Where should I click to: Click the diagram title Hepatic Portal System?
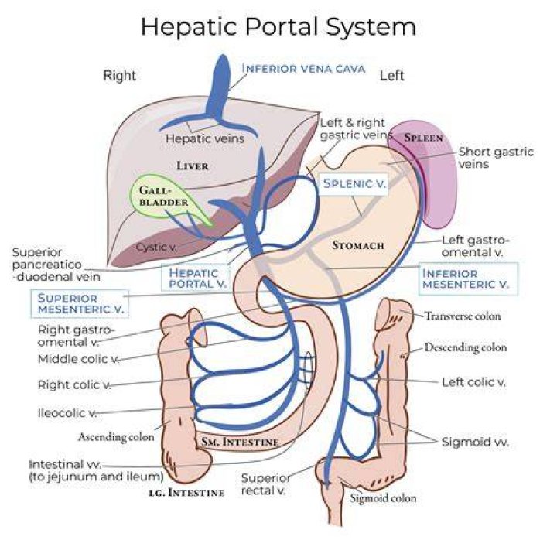[x=278, y=27]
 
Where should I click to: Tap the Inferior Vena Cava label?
[x=303, y=68]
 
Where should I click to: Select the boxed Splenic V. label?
[x=354, y=183]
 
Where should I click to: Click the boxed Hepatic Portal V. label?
[x=196, y=278]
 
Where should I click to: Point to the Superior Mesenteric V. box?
[x=80, y=303]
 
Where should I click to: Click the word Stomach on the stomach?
[x=358, y=245]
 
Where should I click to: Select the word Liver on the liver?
[x=193, y=166]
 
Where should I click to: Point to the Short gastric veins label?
[x=496, y=158]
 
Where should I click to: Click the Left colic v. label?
[x=473, y=382]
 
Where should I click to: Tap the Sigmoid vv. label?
[x=475, y=442]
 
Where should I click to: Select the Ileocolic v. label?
[x=67, y=413]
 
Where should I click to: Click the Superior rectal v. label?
[x=265, y=484]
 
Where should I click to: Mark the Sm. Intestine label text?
[x=240, y=442]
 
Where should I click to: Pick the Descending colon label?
[x=466, y=347]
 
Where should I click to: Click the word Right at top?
[x=119, y=76]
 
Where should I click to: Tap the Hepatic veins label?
[x=205, y=138]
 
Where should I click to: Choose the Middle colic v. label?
[x=78, y=359]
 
